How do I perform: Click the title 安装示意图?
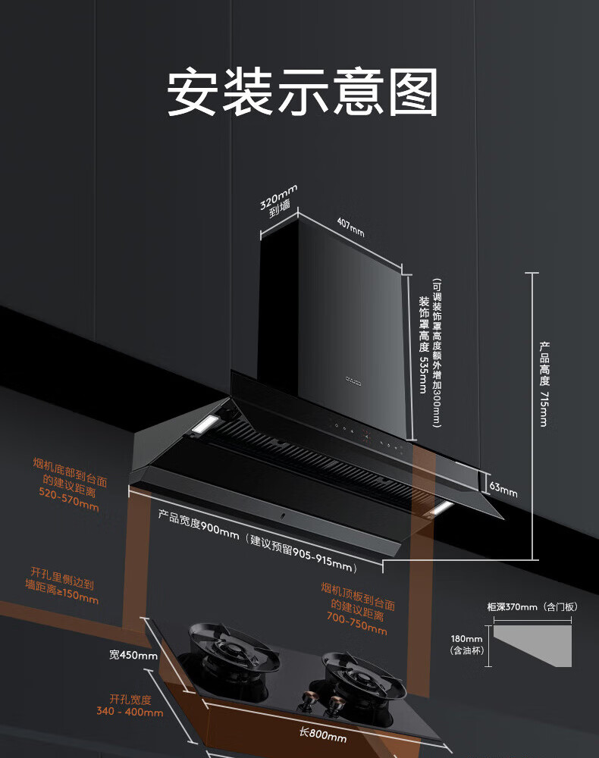(x=302, y=92)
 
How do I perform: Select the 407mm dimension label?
(x=350, y=227)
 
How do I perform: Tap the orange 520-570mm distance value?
(x=69, y=500)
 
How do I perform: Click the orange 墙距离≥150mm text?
(x=62, y=597)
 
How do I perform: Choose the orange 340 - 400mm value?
(x=130, y=712)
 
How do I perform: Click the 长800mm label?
(x=323, y=735)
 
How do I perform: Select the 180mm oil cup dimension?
(x=466, y=638)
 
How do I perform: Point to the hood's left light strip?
(x=205, y=426)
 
